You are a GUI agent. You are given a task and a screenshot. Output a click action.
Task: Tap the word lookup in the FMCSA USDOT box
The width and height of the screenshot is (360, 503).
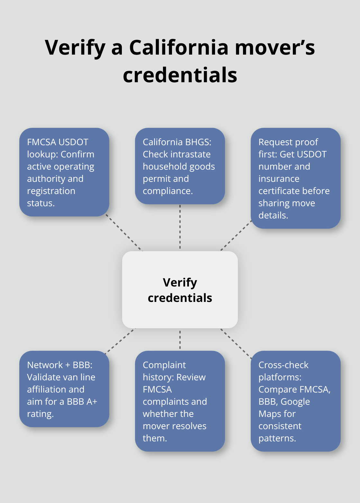click(42, 154)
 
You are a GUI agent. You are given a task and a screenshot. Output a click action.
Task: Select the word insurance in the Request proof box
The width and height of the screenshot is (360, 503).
click(279, 179)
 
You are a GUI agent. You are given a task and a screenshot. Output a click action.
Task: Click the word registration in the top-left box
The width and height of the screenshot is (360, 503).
click(51, 191)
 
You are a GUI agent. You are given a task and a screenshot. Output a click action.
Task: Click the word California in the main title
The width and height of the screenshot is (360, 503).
click(179, 47)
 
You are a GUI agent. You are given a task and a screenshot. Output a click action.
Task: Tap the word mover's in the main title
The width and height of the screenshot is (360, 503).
click(275, 47)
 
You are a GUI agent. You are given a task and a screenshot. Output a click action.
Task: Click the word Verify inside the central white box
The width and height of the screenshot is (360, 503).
click(180, 282)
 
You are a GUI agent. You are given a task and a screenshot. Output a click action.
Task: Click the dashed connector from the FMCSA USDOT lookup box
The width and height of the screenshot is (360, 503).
click(124, 233)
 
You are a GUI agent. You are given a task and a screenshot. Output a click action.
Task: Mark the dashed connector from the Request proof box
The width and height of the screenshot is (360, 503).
click(236, 235)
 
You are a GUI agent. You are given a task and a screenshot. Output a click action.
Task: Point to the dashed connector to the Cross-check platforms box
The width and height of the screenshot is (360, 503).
click(236, 343)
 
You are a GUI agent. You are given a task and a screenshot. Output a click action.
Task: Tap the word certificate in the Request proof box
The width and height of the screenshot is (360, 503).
click(278, 191)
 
